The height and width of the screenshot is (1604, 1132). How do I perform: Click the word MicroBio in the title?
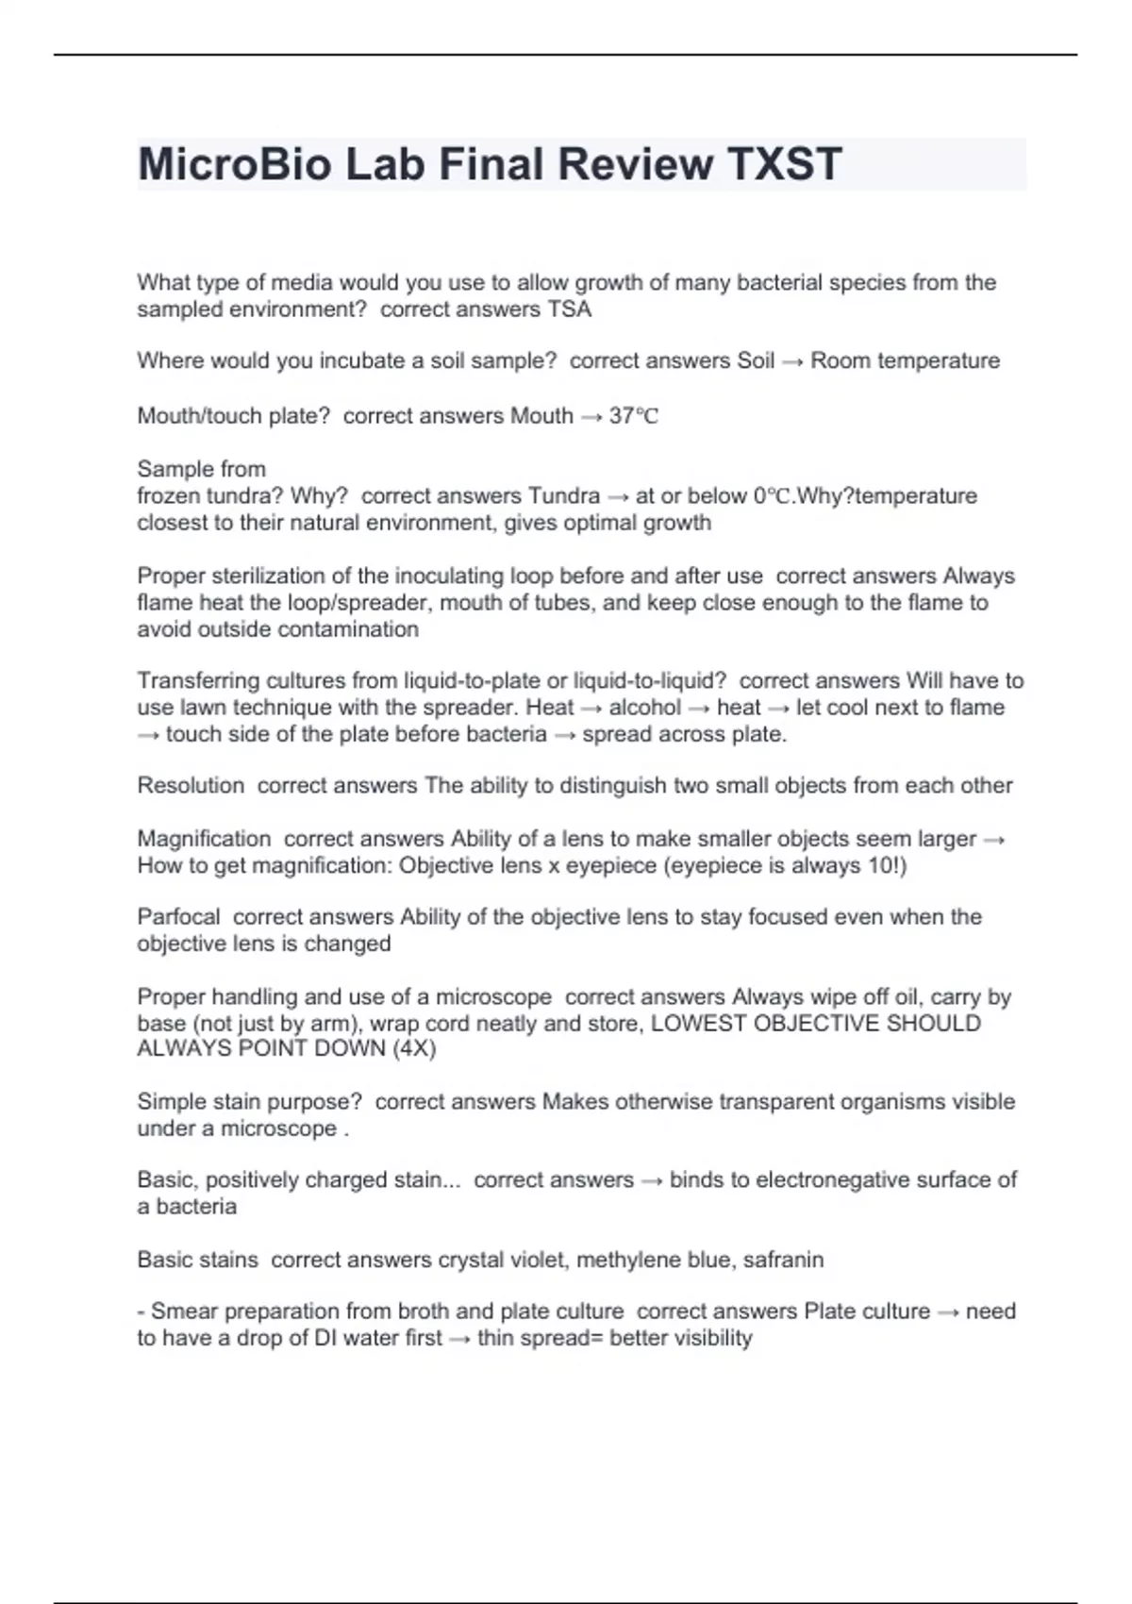[233, 164]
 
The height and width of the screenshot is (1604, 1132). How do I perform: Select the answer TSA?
[569, 309]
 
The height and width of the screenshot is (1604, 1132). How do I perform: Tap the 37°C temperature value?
[633, 416]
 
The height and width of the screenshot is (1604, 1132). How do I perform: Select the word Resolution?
[191, 786]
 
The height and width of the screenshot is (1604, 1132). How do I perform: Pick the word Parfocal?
[178, 917]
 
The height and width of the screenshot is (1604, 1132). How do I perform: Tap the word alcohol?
[644, 708]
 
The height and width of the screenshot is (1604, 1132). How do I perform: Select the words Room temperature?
[905, 361]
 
